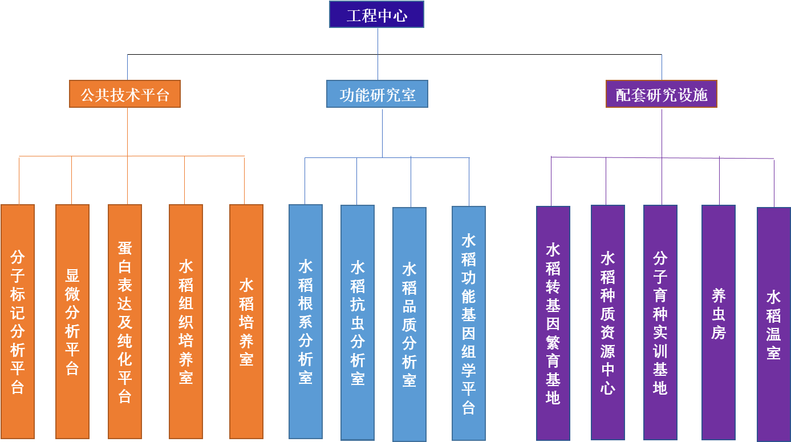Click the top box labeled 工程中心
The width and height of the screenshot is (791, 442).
tap(377, 15)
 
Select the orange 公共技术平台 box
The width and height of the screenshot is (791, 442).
tap(125, 94)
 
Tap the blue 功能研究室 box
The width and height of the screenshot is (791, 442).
tap(377, 94)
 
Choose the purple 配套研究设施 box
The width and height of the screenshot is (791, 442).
tap(661, 94)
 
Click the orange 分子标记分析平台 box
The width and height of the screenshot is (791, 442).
tap(18, 321)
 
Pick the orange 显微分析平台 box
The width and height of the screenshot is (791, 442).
tap(72, 321)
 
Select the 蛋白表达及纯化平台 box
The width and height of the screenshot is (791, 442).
tap(125, 321)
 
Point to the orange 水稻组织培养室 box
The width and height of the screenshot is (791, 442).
tap(186, 321)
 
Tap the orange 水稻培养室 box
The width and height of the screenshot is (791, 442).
tap(246, 321)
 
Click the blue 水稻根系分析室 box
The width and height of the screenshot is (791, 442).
tap(306, 321)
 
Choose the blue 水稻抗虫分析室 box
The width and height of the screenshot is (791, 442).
tap(358, 322)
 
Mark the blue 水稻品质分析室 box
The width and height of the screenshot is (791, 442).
tap(409, 324)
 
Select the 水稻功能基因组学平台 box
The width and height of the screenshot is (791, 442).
tap(469, 323)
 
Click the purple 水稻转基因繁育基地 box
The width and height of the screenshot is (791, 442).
tap(553, 323)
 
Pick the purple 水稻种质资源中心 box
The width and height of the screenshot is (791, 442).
tap(608, 322)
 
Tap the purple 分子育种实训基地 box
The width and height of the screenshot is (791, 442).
tap(660, 322)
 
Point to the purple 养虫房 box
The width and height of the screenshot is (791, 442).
tap(719, 322)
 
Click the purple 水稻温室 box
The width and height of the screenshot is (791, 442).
tap(774, 324)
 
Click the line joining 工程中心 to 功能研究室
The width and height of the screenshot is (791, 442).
tap(378, 54)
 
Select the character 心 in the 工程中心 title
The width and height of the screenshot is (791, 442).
tap(400, 15)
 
